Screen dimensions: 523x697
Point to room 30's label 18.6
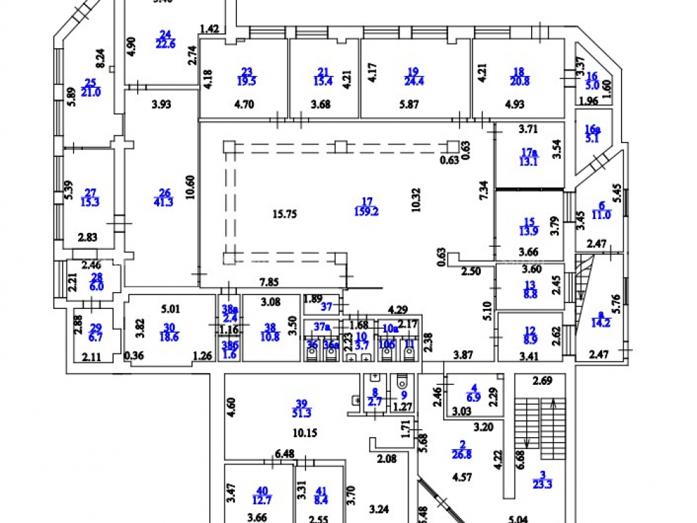(x=167, y=335)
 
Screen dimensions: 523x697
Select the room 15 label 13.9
(x=530, y=230)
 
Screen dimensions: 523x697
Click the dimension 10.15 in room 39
(x=305, y=432)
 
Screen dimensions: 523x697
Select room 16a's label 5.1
(x=591, y=137)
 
